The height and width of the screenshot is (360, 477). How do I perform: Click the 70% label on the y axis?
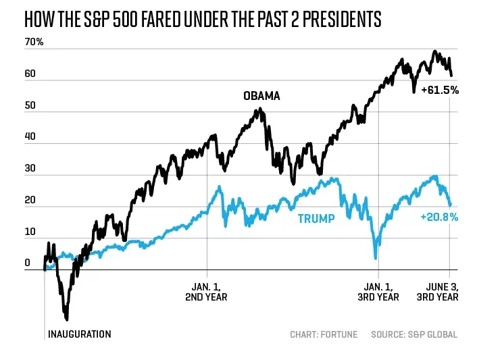(x=34, y=43)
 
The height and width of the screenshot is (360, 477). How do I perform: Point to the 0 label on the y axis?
(x=28, y=263)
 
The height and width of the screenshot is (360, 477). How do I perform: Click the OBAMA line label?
(x=261, y=96)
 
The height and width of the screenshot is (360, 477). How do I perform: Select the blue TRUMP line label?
(x=316, y=219)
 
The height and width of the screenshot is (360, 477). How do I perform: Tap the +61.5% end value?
(x=439, y=90)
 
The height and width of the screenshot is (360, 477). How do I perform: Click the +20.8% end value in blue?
(x=439, y=217)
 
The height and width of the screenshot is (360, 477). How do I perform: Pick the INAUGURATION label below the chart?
(x=79, y=334)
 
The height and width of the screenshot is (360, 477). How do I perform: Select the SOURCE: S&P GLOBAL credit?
(x=414, y=334)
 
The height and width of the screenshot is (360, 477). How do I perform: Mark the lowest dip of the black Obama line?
(x=66, y=318)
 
